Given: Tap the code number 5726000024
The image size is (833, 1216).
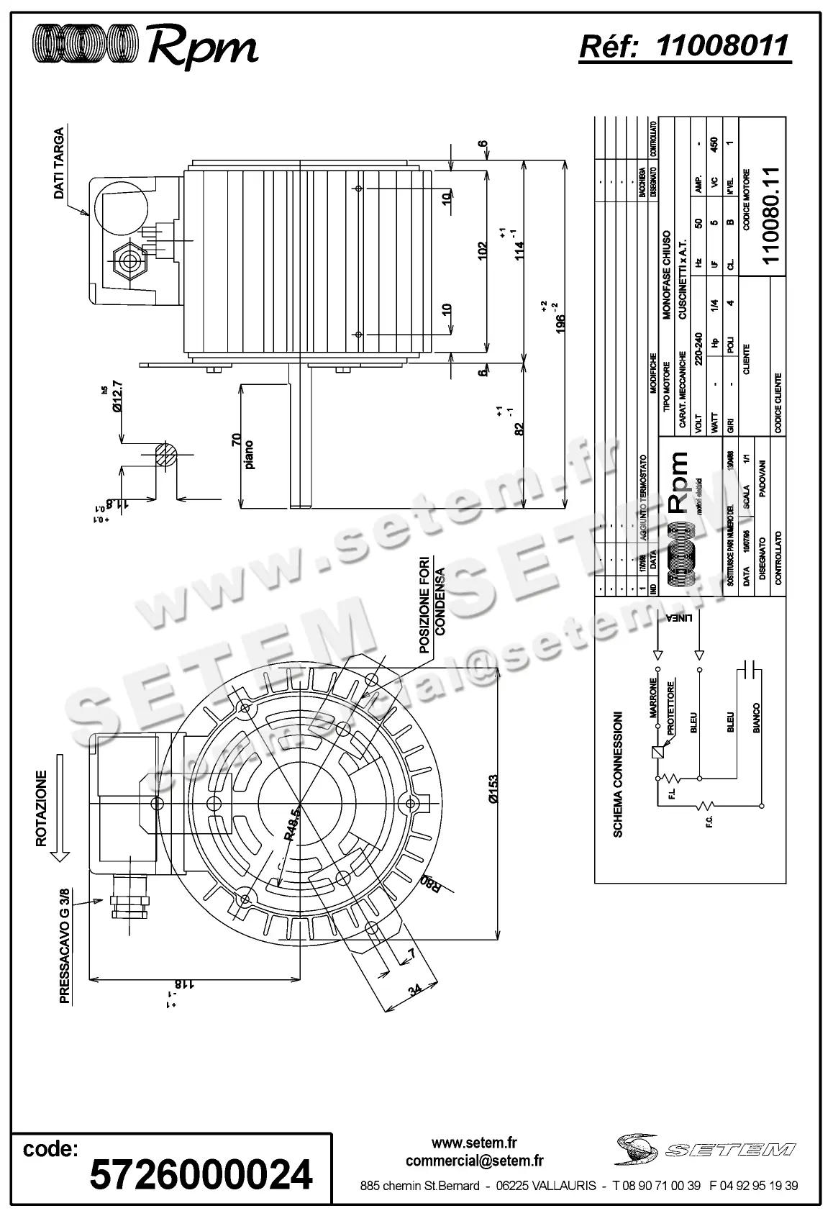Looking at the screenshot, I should (201, 1174).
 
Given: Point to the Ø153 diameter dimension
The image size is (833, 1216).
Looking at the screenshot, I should (492, 789).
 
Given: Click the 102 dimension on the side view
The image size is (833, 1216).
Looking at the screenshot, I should (483, 250).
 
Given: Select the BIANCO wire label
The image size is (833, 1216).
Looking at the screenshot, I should (756, 718).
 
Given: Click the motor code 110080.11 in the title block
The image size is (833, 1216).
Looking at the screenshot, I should (770, 215).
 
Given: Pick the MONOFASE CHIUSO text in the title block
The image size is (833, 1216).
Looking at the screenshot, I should (667, 275).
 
